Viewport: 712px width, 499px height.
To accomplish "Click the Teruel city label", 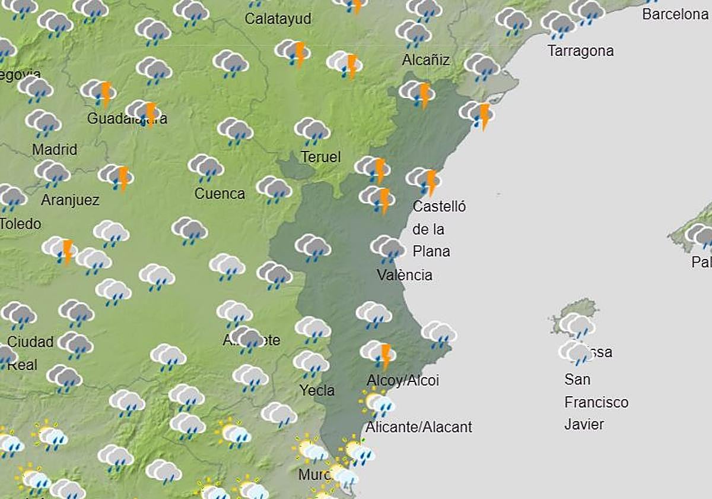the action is click(x=320, y=157).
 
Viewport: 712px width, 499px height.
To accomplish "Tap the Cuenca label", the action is click(x=220, y=194).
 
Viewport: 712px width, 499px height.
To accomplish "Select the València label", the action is click(x=405, y=275).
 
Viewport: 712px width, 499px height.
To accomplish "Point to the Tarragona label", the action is click(x=580, y=51).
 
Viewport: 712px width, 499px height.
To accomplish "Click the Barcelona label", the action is click(x=675, y=14).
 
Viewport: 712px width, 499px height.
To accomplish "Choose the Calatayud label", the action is click(x=278, y=19).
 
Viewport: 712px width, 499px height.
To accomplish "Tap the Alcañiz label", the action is click(x=425, y=60).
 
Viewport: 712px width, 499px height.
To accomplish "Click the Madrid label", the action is click(x=55, y=149).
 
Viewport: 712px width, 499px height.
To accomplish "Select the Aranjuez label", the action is click(x=70, y=200).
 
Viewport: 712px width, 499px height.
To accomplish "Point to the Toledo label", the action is click(x=21, y=224).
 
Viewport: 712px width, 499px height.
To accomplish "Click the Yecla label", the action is click(x=317, y=390).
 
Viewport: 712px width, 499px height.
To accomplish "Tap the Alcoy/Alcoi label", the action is click(x=403, y=380).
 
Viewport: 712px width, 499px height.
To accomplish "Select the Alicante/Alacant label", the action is click(x=418, y=427).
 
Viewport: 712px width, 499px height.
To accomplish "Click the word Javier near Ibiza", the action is click(x=584, y=424).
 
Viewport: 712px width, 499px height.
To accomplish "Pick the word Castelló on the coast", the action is click(x=439, y=207).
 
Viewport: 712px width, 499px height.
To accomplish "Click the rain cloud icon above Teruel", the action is click(x=312, y=131).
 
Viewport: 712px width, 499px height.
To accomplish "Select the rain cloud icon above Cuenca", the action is click(x=205, y=168).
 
